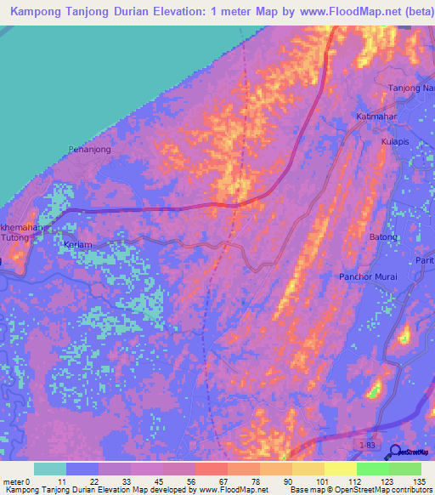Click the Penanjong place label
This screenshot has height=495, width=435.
pos(89,149)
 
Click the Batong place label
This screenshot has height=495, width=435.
pos(383,236)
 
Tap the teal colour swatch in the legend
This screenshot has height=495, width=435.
pos(50,469)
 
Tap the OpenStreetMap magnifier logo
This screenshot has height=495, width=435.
pos(396,451)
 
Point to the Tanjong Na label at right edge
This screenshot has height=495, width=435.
pos(411,88)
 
